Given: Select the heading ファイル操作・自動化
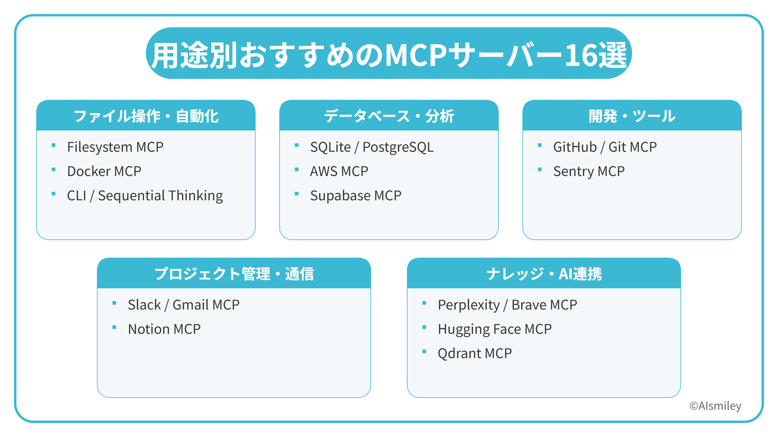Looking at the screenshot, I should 146,116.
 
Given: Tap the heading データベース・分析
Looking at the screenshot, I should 389,116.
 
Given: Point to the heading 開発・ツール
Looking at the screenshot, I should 632,116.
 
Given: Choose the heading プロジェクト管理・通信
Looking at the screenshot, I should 234,274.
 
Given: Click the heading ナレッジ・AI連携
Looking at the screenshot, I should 544,274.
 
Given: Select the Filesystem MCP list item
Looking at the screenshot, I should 115,147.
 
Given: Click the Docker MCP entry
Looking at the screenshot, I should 104,171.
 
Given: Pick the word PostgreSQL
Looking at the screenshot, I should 398,147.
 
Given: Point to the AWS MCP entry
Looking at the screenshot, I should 339,171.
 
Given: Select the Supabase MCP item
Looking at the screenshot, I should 356,196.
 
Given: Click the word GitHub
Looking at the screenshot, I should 575,147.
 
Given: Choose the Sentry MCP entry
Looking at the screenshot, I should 589,171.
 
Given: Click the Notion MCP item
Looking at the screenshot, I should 164,329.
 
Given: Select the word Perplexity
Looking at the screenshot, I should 469,305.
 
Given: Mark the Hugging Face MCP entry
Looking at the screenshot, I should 494,329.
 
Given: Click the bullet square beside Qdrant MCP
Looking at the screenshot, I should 424,352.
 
